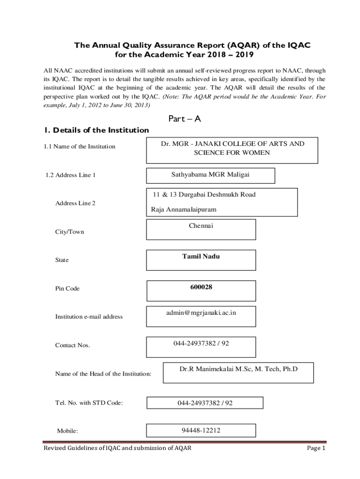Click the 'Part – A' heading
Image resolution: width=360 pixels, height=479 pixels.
184,119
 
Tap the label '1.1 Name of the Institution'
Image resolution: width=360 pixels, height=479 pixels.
79,147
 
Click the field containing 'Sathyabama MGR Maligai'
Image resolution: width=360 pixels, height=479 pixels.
210,175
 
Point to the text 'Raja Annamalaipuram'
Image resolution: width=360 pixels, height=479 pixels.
184,210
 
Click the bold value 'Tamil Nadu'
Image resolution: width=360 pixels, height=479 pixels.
201,256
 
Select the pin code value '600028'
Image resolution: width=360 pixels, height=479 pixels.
201,287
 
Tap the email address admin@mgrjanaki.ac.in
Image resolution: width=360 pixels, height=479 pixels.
201,312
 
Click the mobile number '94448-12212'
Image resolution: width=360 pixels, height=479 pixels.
201,430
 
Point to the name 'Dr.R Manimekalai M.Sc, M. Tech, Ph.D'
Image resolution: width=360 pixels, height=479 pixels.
238,370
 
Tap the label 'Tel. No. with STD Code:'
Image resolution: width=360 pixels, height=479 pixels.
89,402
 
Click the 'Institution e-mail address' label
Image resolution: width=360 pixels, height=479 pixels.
89,317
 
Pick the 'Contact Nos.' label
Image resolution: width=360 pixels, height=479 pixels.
72,345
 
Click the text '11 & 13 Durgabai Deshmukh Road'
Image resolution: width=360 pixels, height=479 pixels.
204,195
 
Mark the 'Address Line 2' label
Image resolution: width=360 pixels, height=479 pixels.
76,203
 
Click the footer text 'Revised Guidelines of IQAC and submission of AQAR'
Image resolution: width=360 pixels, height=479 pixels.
117,448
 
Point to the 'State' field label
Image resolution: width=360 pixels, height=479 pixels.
62,260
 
